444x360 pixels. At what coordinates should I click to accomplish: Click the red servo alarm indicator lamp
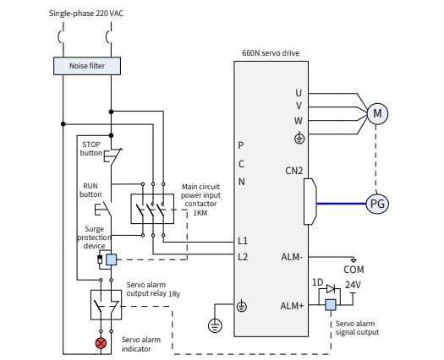(101, 343)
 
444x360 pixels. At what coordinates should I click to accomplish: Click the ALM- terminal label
(292, 256)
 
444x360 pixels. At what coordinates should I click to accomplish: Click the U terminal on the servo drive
(299, 93)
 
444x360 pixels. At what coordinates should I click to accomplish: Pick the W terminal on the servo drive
(299, 120)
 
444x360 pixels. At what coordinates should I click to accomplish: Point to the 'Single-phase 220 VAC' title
(85, 14)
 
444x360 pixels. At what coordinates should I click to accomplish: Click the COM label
(354, 269)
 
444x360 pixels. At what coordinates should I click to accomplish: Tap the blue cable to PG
(338, 203)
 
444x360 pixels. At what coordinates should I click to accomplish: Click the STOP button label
(90, 149)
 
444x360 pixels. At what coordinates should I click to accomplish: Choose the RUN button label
(90, 189)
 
